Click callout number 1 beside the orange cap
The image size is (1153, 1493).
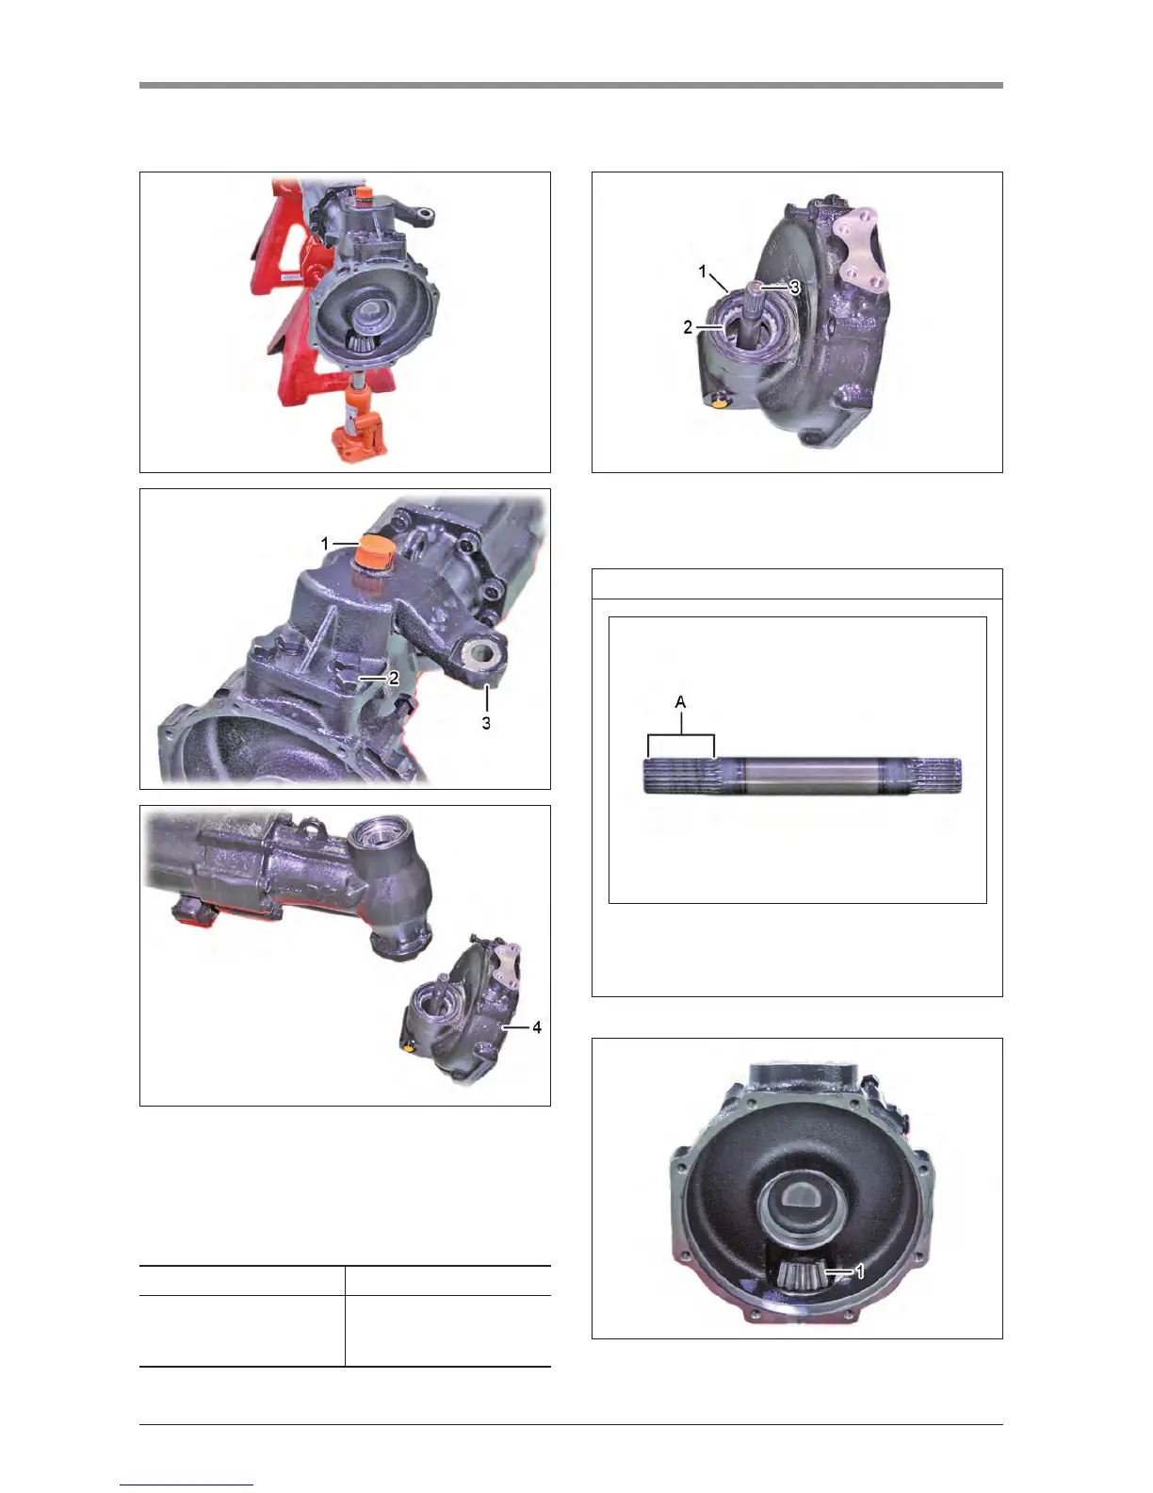coord(325,544)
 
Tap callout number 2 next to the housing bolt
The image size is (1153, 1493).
coord(394,678)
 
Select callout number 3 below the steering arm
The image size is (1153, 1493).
coord(486,723)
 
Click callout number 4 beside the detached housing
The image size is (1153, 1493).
coord(536,1027)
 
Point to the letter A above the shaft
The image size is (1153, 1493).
coord(680,702)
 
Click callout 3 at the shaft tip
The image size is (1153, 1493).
coord(794,287)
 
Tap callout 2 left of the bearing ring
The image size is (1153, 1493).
coord(688,327)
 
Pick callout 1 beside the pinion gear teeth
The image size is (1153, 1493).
coord(859,1272)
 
